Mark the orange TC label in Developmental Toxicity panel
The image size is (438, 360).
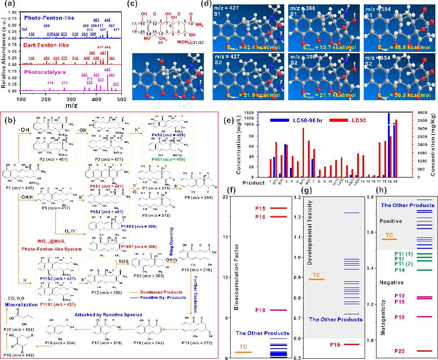click(315, 275)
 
